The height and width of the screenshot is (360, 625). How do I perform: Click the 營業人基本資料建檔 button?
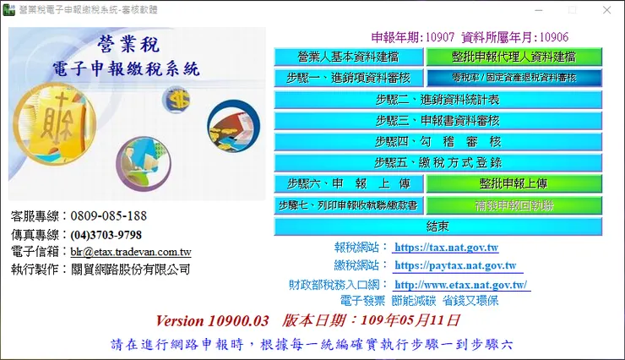(348, 57)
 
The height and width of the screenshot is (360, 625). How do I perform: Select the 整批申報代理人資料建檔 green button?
(514, 57)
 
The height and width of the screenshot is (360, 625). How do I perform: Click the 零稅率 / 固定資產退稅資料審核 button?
(514, 78)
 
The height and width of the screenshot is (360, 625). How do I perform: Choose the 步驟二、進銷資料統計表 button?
(437, 99)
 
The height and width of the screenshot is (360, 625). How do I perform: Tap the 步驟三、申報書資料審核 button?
(437, 120)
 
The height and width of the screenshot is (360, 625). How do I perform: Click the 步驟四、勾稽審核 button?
(437, 141)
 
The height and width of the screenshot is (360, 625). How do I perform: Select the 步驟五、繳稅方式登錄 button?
(437, 162)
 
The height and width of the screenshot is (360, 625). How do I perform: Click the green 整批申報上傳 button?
(514, 183)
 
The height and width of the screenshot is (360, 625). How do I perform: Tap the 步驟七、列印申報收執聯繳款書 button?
(348, 205)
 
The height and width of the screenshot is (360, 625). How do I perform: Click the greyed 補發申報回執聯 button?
(514, 205)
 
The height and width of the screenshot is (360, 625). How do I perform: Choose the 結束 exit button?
(437, 226)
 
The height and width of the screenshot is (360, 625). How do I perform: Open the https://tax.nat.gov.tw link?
(447, 248)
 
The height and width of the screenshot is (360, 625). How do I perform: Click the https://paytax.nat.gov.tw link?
(454, 266)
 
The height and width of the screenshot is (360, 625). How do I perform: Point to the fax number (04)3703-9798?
(106, 234)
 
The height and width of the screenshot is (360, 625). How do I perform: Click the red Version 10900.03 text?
(212, 321)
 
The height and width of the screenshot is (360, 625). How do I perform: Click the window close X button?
(607, 9)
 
